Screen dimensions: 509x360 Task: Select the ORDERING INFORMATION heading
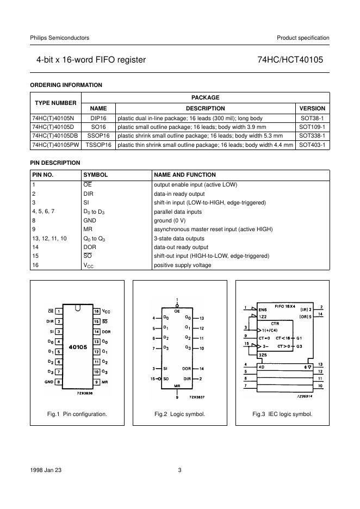tap(66, 85)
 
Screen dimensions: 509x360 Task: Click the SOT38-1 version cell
tap(312, 117)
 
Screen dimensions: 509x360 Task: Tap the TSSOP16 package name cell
tap(98, 145)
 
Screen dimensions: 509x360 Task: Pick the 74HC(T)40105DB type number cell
tap(56, 136)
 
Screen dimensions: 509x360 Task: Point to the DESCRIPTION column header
tap(205, 108)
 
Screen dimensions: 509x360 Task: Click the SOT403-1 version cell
tap(312, 145)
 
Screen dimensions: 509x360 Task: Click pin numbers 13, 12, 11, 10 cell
tap(49, 238)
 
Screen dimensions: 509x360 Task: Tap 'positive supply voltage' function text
tap(183, 265)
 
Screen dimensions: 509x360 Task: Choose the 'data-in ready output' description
tap(179, 194)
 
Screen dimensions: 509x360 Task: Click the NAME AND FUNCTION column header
tap(185, 175)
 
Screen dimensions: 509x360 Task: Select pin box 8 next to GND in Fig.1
tap(58, 382)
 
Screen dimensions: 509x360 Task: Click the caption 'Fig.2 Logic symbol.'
tap(179, 414)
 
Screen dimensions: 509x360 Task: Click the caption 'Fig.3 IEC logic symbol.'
tap(282, 414)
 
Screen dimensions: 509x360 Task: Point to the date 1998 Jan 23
tap(45, 470)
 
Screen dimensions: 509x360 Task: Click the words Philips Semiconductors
tap(59, 38)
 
